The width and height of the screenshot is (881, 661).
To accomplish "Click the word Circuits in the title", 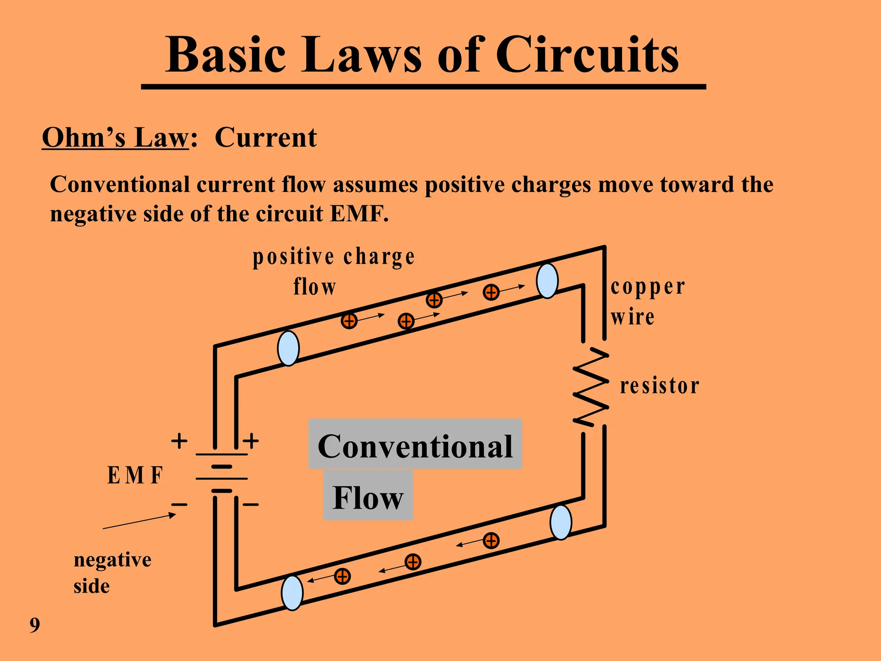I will pos(587,55).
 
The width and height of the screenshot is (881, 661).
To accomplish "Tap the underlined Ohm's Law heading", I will pos(115,138).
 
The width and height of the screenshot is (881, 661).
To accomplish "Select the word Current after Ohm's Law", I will pos(265,138).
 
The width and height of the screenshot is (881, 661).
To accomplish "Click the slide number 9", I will pos(35,625).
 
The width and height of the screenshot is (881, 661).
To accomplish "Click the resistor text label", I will pos(659,386).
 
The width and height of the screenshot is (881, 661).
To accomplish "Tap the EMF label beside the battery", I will pos(135,476).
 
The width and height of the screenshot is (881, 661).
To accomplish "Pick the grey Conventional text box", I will pos(415,444).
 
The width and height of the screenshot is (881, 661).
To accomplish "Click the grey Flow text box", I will pos(368,496).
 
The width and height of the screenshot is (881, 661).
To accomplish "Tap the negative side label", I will pos(112,572).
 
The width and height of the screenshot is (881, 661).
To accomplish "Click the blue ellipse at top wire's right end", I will pos(547,281).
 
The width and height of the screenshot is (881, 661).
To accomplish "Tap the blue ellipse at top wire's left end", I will pos(288,348).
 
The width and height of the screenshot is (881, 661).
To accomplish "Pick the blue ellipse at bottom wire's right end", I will pos(561,522).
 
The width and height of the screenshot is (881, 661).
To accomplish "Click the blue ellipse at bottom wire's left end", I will pos(292,593).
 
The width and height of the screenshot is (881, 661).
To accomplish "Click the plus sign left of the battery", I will pos(179,441).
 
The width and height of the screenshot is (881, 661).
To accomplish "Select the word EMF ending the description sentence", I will pos(359,214).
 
